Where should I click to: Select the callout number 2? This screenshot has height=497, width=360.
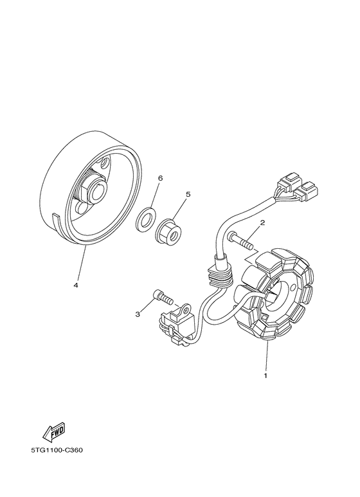262,224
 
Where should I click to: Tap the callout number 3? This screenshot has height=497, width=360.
138,314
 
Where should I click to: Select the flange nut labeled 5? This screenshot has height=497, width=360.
169,230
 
